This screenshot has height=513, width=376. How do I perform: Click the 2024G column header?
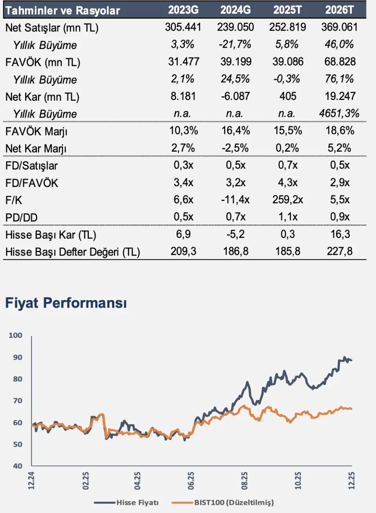[235, 10]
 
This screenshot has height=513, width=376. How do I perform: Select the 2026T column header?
[339, 10]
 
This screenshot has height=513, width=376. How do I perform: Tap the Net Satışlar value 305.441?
[183, 27]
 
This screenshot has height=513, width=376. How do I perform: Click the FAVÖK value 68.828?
[339, 62]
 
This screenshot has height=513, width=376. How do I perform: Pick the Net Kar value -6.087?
[235, 96]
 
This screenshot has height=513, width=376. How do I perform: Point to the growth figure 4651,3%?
[339, 114]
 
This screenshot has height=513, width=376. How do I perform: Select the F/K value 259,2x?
[287, 200]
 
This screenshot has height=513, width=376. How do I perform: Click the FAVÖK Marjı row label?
[36, 131]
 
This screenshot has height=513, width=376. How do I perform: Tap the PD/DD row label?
[22, 218]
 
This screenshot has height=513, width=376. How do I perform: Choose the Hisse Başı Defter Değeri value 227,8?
[339, 251]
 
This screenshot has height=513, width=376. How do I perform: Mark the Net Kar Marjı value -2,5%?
[235, 148]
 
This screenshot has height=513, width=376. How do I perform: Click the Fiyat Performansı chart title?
[66, 303]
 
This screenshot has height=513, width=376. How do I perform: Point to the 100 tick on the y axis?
[16, 335]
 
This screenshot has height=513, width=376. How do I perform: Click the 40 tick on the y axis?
[18, 466]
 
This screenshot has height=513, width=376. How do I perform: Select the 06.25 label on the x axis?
[191, 480]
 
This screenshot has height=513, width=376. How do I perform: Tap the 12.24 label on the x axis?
[31, 480]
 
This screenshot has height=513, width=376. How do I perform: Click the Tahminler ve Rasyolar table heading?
[63, 11]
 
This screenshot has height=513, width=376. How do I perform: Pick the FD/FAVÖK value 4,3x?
[287, 183]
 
